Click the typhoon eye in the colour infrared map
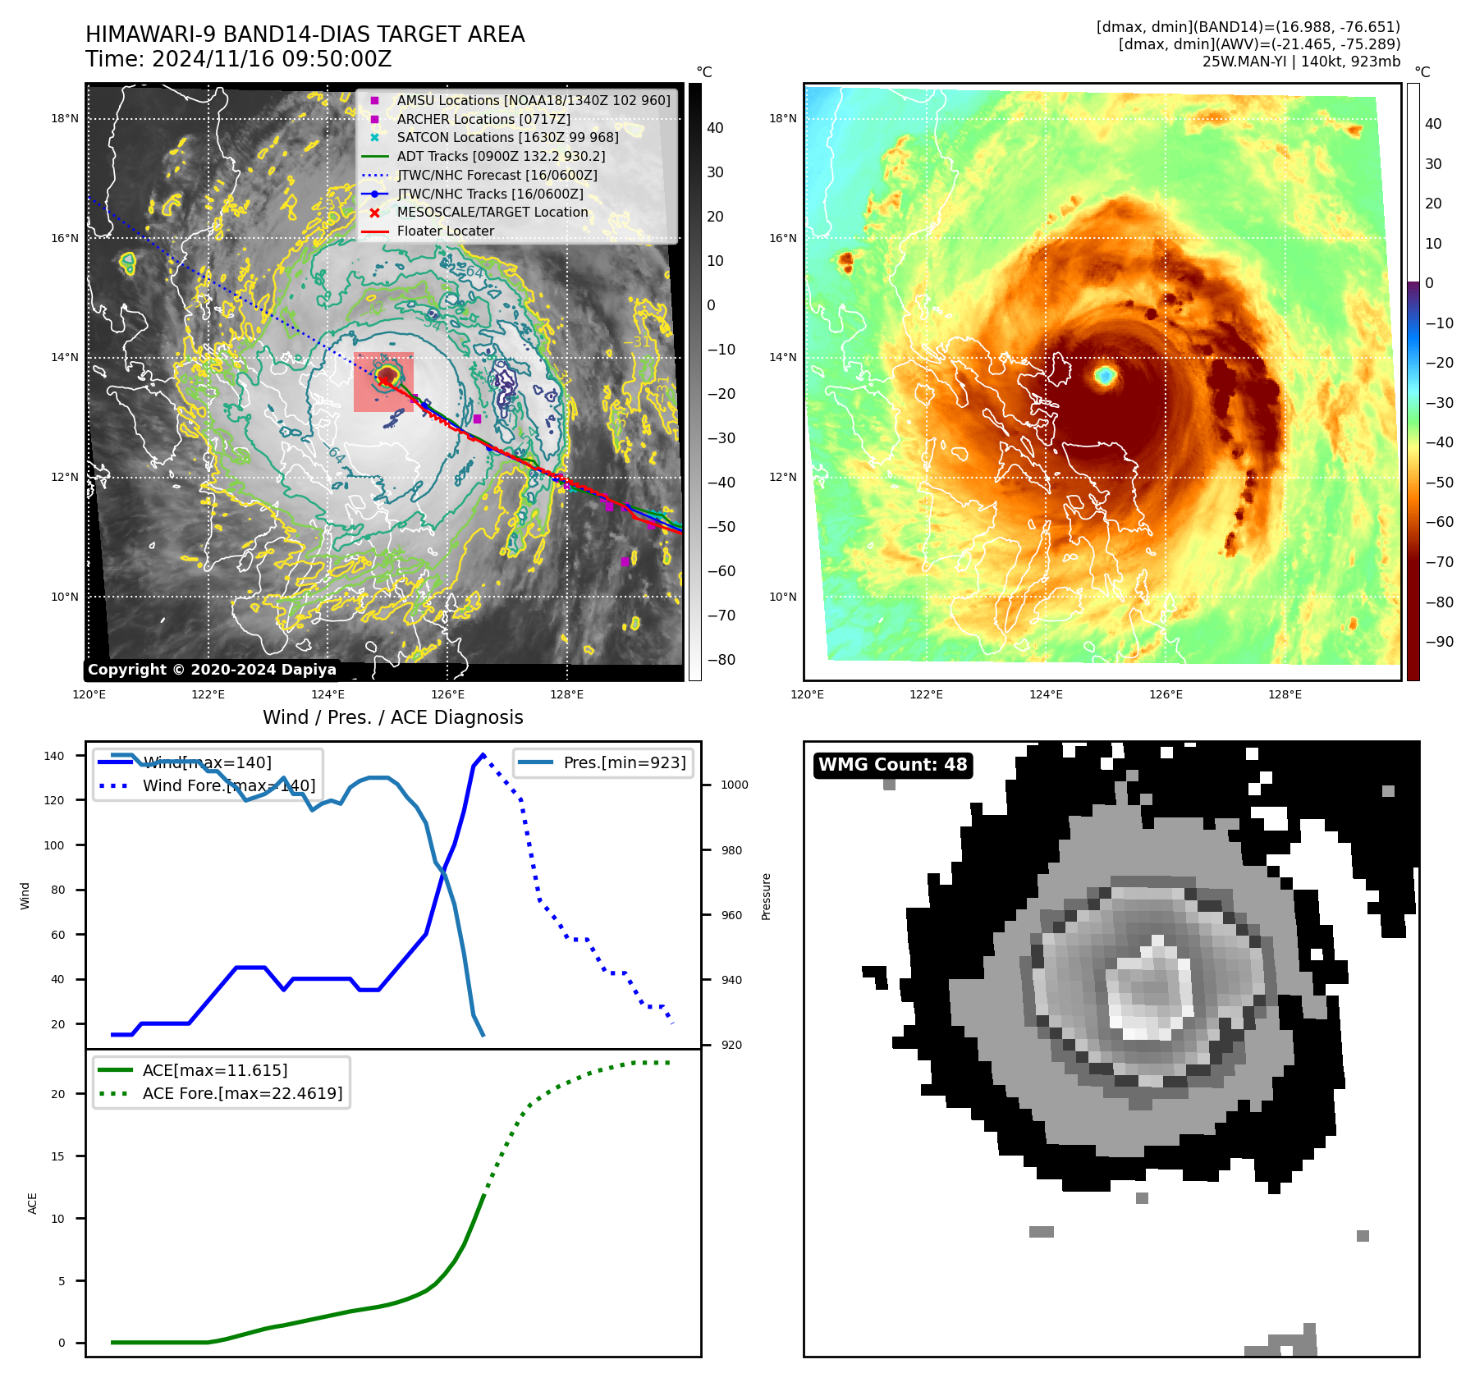point(1106,376)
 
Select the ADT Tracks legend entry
point(501,156)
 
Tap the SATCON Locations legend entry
point(507,137)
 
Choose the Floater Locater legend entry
point(445,231)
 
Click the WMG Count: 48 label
point(892,765)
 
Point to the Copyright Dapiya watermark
point(212,670)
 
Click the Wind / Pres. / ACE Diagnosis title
point(392,717)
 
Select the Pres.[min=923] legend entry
point(624,762)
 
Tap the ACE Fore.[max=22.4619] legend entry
point(242,1093)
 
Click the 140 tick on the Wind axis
point(54,756)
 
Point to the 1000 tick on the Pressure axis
point(734,785)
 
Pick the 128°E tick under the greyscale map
point(566,694)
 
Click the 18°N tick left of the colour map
point(782,118)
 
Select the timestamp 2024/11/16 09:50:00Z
point(271,60)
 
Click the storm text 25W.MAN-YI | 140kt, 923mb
point(1301,62)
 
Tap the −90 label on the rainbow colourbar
point(1439,642)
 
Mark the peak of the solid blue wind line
point(483,754)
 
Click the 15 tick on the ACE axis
point(57,1156)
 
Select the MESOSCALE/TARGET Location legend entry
point(492,212)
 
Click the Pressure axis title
point(766,896)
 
